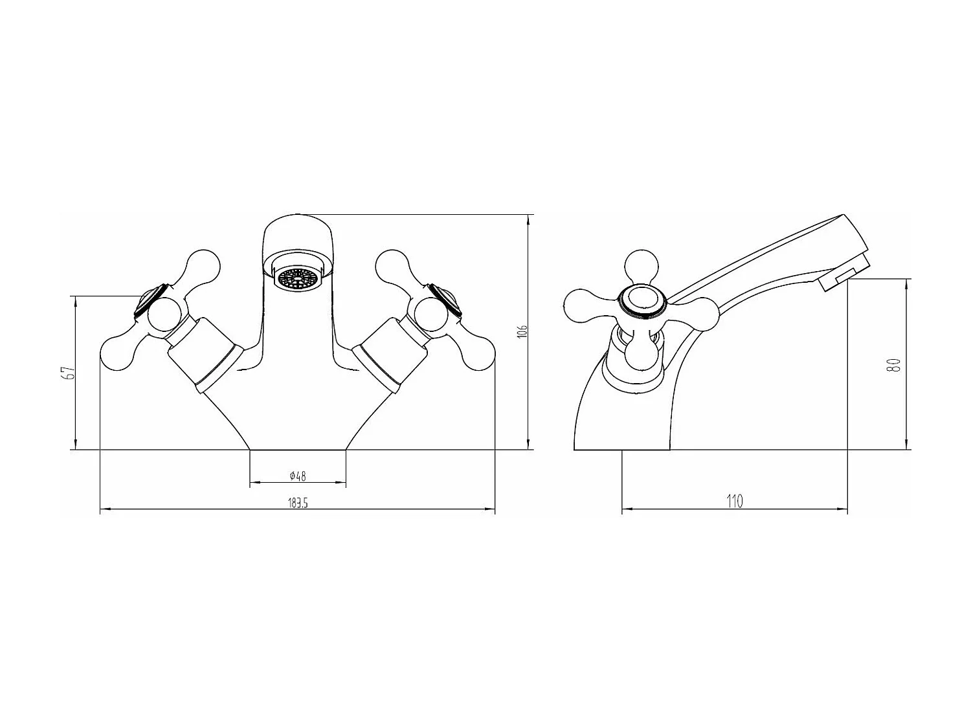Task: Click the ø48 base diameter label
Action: pos(298,476)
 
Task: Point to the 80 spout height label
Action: pos(897,364)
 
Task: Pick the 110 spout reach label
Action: pos(735,501)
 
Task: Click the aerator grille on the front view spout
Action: pos(298,278)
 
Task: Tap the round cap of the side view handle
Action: pos(641,302)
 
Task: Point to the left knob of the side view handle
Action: pos(581,306)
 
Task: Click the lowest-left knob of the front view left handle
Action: pos(118,353)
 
